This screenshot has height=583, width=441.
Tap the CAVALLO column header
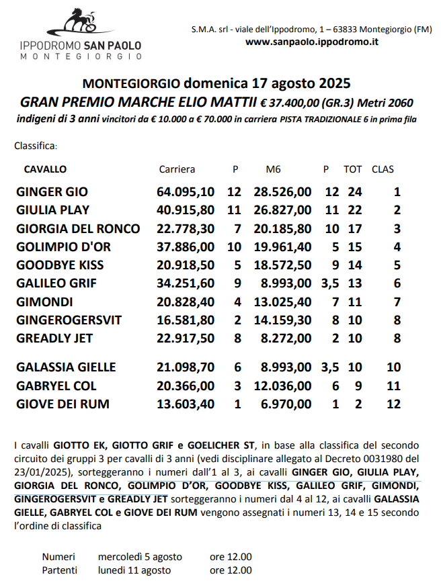tap(45, 169)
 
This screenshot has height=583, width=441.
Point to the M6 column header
tap(273, 169)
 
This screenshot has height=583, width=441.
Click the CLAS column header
tap(383, 169)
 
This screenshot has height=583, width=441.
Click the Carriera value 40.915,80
tap(185, 210)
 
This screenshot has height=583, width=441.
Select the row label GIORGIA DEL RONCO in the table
tap(78, 228)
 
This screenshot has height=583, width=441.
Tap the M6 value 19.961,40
tap(282, 246)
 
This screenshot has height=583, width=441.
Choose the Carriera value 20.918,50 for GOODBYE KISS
tap(185, 265)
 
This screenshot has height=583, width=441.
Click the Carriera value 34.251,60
tap(185, 283)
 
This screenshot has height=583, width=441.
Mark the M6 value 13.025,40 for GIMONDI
tap(282, 302)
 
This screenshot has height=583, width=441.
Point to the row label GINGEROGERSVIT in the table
tap(69, 320)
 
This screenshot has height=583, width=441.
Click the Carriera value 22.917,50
tap(185, 338)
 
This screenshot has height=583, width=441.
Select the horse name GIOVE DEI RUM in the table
tap(63, 404)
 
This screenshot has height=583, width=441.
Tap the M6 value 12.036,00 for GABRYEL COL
tap(282, 386)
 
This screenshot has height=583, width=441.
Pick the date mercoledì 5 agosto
tap(140, 557)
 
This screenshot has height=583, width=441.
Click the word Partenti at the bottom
tap(58, 570)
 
